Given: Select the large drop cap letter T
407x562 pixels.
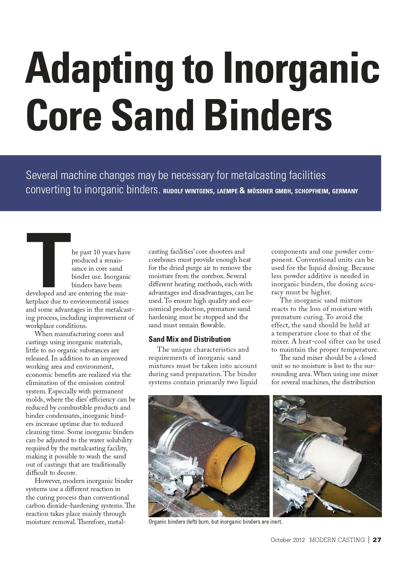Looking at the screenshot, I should click(48, 258).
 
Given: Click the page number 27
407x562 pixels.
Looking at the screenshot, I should click(377, 540).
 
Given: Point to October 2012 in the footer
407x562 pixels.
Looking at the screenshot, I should click(288, 540).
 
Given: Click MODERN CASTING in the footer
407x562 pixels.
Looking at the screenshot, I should click(337, 540).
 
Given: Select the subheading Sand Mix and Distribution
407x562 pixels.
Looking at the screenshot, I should click(189, 339).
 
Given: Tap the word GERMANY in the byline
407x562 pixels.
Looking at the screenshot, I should click(345, 191).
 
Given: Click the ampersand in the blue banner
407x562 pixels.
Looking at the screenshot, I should click(242, 191).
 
